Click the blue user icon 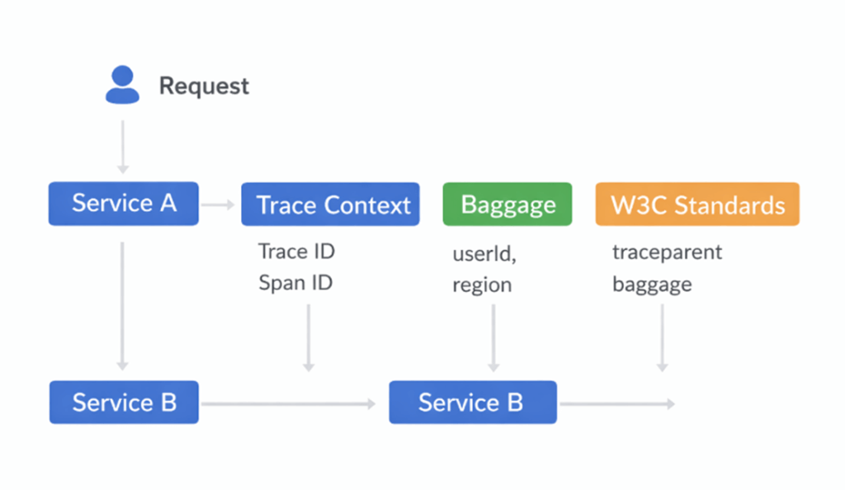[122, 85]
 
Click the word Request [204, 86]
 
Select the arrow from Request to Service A [123, 146]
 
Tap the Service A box [124, 203]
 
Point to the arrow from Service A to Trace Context [219, 204]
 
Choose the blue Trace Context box [330, 205]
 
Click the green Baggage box [507, 205]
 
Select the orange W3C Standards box [697, 205]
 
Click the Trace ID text [296, 252]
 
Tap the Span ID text [295, 283]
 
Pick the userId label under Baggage [484, 253]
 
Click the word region [482, 285]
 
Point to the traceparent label [667, 252]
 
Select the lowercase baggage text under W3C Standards [652, 285]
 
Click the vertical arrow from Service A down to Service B [123, 305]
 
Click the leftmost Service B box [124, 403]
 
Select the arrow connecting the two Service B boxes [289, 403]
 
